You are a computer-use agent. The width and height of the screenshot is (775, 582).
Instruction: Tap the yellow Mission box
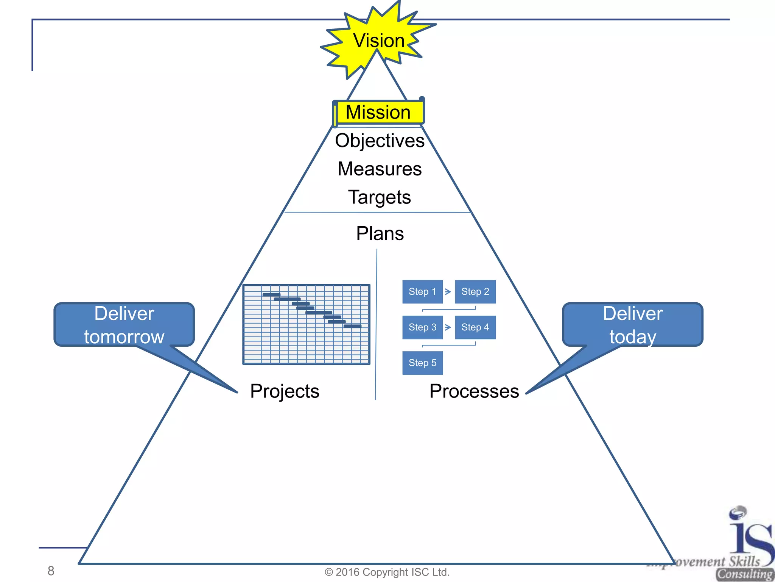[x=378, y=112]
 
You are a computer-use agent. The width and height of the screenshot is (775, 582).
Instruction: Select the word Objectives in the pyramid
[x=380, y=141]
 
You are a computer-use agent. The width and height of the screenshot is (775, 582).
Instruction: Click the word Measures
[x=380, y=169]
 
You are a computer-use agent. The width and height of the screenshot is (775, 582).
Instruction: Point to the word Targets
[x=380, y=197]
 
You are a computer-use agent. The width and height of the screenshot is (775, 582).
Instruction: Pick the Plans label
[x=380, y=233]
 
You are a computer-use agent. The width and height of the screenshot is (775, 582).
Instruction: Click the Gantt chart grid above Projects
[x=306, y=324]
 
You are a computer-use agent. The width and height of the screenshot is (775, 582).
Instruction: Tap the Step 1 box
[x=422, y=292]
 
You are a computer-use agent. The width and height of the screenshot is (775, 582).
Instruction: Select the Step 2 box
[x=475, y=292]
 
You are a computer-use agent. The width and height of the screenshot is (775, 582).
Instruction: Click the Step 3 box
[x=422, y=327]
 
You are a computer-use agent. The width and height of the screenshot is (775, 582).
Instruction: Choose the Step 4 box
[x=475, y=327]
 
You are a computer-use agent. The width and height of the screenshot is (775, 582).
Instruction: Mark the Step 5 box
[x=422, y=363]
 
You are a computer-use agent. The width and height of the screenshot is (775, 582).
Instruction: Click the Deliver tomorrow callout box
[x=124, y=325]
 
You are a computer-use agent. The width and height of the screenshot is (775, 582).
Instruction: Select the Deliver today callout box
[x=632, y=325]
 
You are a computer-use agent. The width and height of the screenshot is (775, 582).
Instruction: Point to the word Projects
[x=285, y=391]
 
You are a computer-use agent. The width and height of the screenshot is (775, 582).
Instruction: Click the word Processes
[x=474, y=391]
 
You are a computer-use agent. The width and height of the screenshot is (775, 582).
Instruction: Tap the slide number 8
[x=51, y=571]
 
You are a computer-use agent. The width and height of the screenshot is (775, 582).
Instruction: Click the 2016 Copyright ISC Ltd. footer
[x=387, y=572]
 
